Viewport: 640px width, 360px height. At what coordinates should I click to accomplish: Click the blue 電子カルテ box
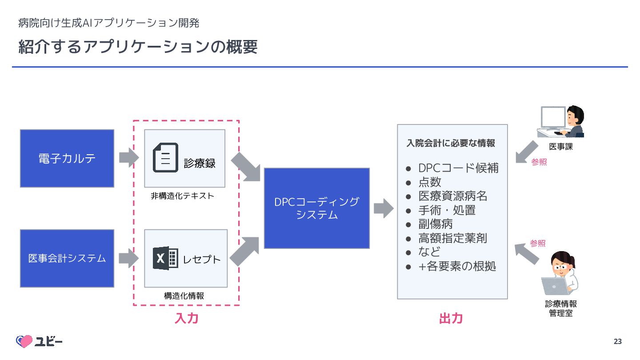click(67, 158)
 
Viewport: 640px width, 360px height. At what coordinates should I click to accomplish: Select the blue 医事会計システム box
click(67, 258)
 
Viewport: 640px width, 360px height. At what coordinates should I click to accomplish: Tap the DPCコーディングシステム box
click(317, 208)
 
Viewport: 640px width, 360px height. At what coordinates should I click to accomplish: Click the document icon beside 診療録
click(165, 158)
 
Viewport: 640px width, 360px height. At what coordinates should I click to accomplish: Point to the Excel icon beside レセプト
click(165, 258)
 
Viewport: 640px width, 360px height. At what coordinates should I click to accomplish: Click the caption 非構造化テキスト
click(182, 196)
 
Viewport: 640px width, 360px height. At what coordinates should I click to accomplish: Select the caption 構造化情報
click(184, 296)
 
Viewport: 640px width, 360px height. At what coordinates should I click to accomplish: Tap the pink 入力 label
click(186, 318)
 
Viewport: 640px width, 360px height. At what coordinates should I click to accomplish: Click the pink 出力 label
click(451, 318)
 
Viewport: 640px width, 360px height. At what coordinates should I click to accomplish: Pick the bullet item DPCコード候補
click(458, 168)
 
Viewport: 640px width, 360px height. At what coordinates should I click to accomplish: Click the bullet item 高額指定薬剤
click(452, 238)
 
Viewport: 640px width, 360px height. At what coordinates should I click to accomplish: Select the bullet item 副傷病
click(435, 224)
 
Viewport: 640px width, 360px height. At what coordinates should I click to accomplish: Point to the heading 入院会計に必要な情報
click(451, 143)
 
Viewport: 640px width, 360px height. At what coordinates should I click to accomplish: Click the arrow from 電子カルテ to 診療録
click(129, 157)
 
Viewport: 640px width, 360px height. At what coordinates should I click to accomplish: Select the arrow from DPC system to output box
click(383, 208)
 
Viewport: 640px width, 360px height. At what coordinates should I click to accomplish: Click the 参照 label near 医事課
click(539, 162)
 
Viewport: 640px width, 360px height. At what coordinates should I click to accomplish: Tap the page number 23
click(617, 341)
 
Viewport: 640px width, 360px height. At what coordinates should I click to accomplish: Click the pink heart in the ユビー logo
click(24, 341)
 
